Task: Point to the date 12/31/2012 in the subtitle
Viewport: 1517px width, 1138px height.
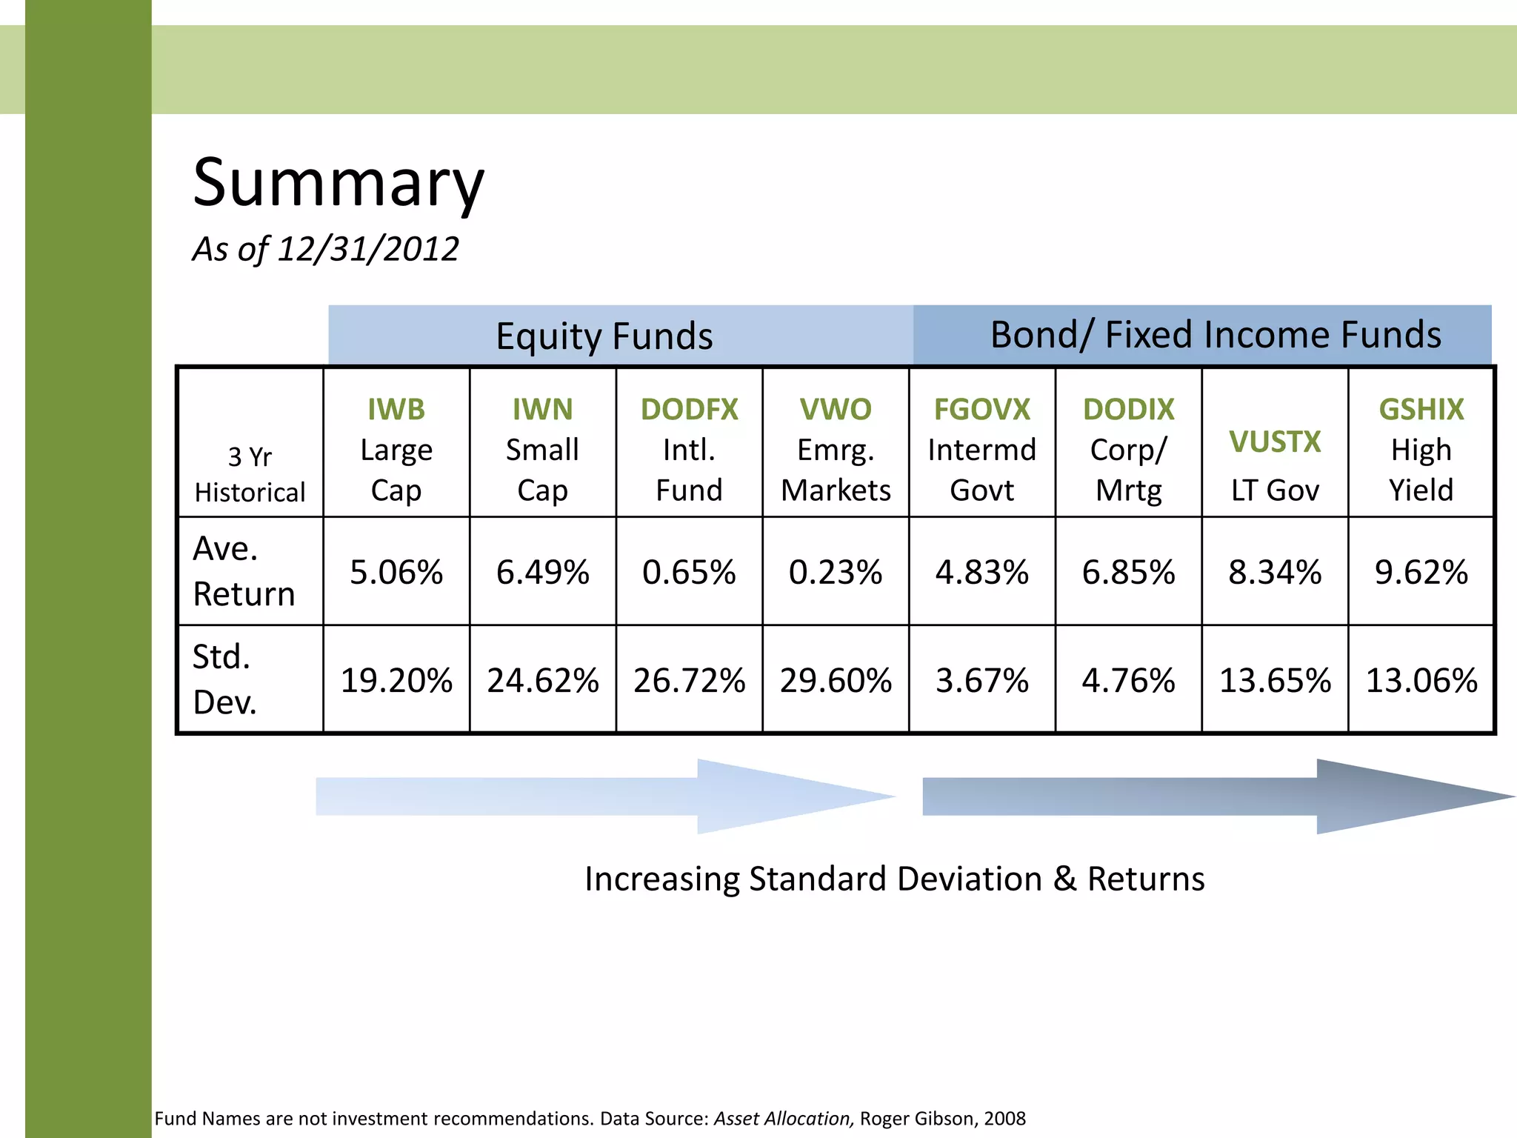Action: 367,249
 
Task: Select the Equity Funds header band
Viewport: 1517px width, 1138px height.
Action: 604,336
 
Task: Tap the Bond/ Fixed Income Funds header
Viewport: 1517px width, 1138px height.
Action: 1215,335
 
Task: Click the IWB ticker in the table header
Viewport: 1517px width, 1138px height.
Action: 396,409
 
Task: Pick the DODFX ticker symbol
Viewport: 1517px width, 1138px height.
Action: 689,409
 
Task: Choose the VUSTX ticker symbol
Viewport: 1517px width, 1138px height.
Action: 1275,442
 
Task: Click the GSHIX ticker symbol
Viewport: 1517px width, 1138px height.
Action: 1421,409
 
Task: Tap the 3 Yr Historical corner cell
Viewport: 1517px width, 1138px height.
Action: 250,474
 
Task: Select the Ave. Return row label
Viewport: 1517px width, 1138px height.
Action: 243,571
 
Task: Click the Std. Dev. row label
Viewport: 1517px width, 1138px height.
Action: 224,679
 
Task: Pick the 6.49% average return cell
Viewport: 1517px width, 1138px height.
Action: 542,572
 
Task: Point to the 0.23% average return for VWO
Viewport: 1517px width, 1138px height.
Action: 835,572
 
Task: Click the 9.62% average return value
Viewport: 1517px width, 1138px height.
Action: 1421,572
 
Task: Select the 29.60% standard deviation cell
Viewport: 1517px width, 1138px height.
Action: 835,680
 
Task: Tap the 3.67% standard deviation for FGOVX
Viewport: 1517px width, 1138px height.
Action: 981,680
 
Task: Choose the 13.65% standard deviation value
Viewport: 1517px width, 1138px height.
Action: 1275,680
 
